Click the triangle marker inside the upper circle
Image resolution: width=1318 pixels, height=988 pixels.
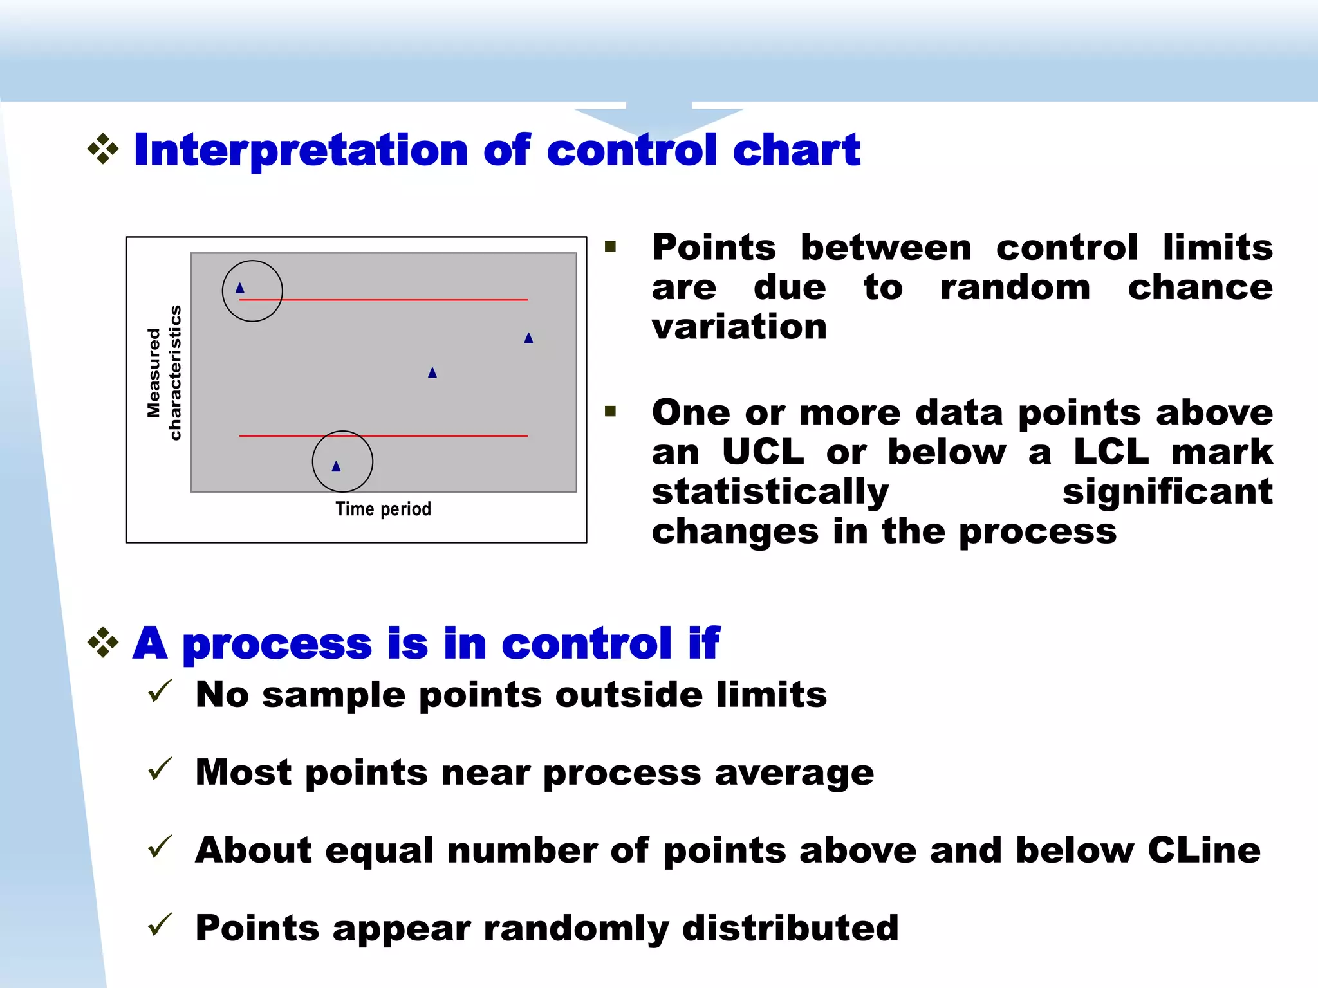(240, 288)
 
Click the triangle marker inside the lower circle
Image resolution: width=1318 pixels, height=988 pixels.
(336, 466)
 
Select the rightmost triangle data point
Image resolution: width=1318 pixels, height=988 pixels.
(528, 338)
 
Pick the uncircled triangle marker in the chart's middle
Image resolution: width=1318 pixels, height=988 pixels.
(432, 372)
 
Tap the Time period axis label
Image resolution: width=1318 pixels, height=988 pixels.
(384, 509)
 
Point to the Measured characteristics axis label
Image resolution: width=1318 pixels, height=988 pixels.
(164, 373)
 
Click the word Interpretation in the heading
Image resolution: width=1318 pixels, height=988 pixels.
(301, 150)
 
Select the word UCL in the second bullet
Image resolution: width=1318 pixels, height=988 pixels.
(763, 452)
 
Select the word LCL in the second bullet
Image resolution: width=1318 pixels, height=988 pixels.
(1111, 452)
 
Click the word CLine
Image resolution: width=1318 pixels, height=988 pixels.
(1203, 850)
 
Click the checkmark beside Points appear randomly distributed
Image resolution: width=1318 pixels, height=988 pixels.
(160, 925)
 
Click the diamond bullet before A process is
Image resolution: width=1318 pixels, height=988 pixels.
(103, 642)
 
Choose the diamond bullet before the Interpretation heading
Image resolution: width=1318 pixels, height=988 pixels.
(103, 149)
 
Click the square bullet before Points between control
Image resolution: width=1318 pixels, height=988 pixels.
(611, 246)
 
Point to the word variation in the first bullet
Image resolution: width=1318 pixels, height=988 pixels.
(739, 327)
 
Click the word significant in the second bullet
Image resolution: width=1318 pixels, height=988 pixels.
(1167, 491)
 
